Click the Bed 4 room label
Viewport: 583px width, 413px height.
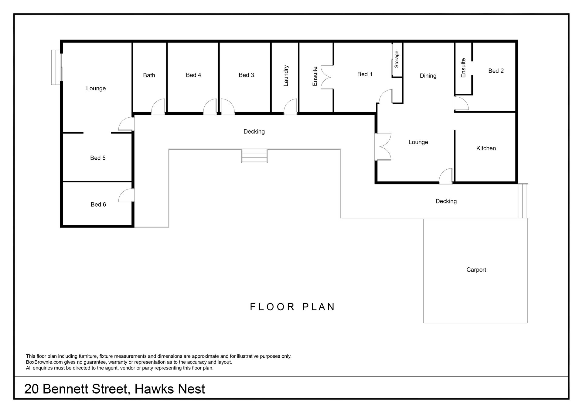click(193, 75)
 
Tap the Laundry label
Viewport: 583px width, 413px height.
click(286, 76)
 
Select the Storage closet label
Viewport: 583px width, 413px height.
click(396, 59)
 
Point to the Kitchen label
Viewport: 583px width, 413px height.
click(486, 148)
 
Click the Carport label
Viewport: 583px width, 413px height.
click(476, 270)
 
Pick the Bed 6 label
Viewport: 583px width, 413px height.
click(98, 205)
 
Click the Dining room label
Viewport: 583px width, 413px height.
click(428, 76)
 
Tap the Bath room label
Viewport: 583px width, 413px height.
click(149, 75)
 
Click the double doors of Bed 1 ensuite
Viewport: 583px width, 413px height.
click(328, 77)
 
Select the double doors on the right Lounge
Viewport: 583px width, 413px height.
click(383, 147)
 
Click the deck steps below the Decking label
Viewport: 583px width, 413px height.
click(254, 156)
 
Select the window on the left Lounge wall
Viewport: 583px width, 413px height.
click(57, 67)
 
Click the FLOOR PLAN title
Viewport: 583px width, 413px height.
click(292, 307)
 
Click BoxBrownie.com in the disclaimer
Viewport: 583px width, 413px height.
click(44, 362)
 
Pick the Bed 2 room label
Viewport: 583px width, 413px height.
click(496, 71)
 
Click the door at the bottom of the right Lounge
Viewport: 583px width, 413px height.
click(446, 176)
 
